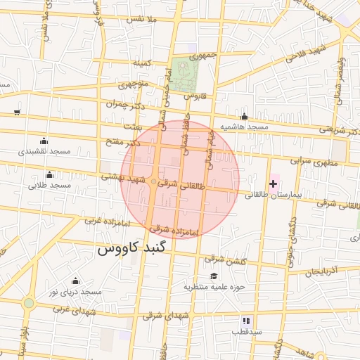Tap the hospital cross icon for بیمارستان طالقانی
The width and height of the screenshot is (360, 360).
point(274,184)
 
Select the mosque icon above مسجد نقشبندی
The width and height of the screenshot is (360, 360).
point(44,141)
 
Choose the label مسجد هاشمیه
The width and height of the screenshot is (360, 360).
point(244,127)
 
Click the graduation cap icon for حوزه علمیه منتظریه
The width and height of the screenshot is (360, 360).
point(214,276)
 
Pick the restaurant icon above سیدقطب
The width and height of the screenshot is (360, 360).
point(246,320)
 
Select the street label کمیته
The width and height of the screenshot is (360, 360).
point(143,63)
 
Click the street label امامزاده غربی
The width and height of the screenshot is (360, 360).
point(105,221)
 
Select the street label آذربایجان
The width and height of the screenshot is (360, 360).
point(327,270)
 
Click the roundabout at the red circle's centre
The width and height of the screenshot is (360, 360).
point(154,183)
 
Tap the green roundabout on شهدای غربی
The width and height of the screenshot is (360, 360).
point(28,303)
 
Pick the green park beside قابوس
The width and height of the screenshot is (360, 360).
point(184,75)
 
